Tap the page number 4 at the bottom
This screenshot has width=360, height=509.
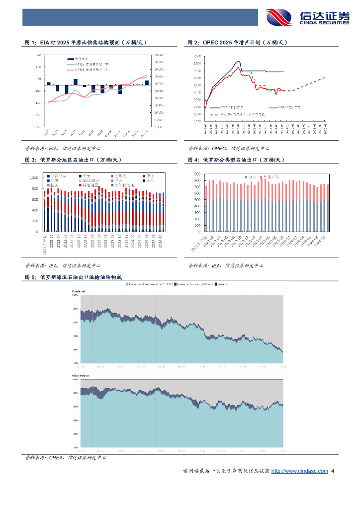[333, 471]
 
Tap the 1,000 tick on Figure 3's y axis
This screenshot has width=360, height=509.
[34, 178]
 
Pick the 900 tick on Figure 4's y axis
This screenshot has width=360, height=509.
[197, 174]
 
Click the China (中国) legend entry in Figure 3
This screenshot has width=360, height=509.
[150, 175]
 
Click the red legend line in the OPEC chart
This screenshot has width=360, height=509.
[272, 107]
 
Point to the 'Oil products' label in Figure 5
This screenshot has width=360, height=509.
[80, 376]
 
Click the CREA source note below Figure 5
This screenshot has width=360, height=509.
[66, 457]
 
